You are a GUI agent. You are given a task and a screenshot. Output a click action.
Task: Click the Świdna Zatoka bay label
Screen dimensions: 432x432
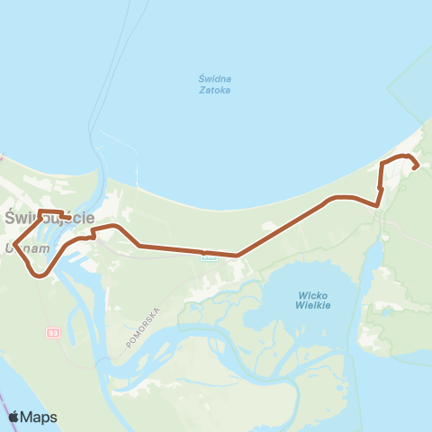(215, 84)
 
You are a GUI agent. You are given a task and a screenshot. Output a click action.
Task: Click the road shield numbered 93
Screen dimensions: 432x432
(52, 333)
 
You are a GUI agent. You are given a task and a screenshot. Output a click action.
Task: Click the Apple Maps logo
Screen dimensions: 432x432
(32, 417)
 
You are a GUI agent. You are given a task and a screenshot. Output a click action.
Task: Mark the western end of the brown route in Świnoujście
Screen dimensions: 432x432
(70, 217)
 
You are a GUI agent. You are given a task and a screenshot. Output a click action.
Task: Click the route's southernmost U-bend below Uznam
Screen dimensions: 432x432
(39, 275)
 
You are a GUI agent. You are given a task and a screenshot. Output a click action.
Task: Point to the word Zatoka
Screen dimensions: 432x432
(215, 90)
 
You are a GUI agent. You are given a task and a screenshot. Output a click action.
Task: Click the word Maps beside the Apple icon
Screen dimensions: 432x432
(40, 417)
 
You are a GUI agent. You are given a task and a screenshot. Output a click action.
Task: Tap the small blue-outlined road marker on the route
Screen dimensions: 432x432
(209, 255)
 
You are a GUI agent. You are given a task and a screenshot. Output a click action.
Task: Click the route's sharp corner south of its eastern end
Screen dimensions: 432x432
(378, 204)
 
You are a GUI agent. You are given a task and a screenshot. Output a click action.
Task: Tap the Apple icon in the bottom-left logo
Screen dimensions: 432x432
(13, 417)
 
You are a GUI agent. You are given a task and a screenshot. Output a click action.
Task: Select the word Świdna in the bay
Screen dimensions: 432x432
(215, 78)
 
